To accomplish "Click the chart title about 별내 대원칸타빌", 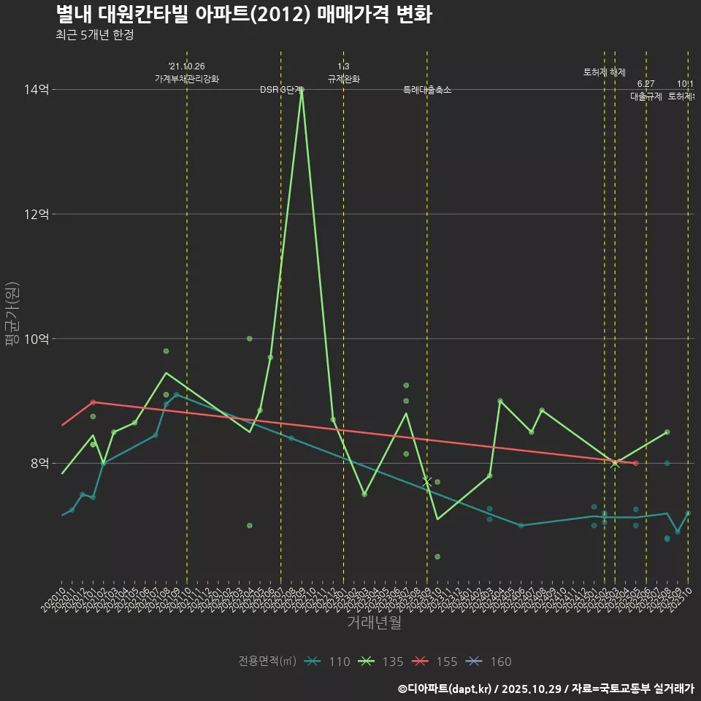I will pos(243,15).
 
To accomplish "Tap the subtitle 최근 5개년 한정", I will pos(94,35).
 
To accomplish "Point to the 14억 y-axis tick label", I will pos(37,90).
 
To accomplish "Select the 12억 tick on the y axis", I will pos(37,214).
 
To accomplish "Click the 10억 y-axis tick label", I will pos(37,339).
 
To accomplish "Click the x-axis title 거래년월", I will pos(374,623).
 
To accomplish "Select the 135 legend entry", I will pos(380,662).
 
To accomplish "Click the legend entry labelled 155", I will pos(434,662).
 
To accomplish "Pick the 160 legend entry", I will pos(489,662).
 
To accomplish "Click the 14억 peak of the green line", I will pos(302,90).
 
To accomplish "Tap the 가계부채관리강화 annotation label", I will pos(186,79).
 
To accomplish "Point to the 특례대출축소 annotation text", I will pos(427,90).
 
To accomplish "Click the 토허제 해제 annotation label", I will pos(605,72).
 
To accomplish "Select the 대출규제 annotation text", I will pos(646,96).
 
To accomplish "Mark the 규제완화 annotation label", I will pos(343,79).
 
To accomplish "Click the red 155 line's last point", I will pos(636,463).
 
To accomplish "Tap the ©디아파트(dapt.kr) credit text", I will pos(445,689).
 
